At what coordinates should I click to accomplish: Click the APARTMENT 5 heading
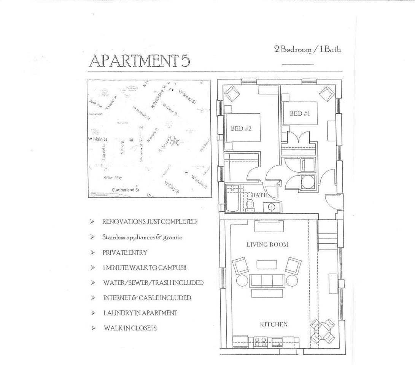[139, 61]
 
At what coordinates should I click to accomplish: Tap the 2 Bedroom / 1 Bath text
[308, 49]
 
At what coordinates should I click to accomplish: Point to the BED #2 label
[242, 129]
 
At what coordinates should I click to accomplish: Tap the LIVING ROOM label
[267, 244]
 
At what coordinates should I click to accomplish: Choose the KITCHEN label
[273, 324]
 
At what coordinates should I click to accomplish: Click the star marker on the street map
[175, 141]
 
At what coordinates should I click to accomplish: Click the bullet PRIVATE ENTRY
[125, 252]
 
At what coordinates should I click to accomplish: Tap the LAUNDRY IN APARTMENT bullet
[140, 313]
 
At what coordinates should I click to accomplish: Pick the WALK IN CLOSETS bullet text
[130, 328]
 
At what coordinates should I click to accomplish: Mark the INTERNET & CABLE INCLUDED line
[147, 298]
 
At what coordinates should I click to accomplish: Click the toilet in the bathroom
[250, 205]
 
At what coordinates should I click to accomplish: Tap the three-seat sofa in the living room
[267, 281]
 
